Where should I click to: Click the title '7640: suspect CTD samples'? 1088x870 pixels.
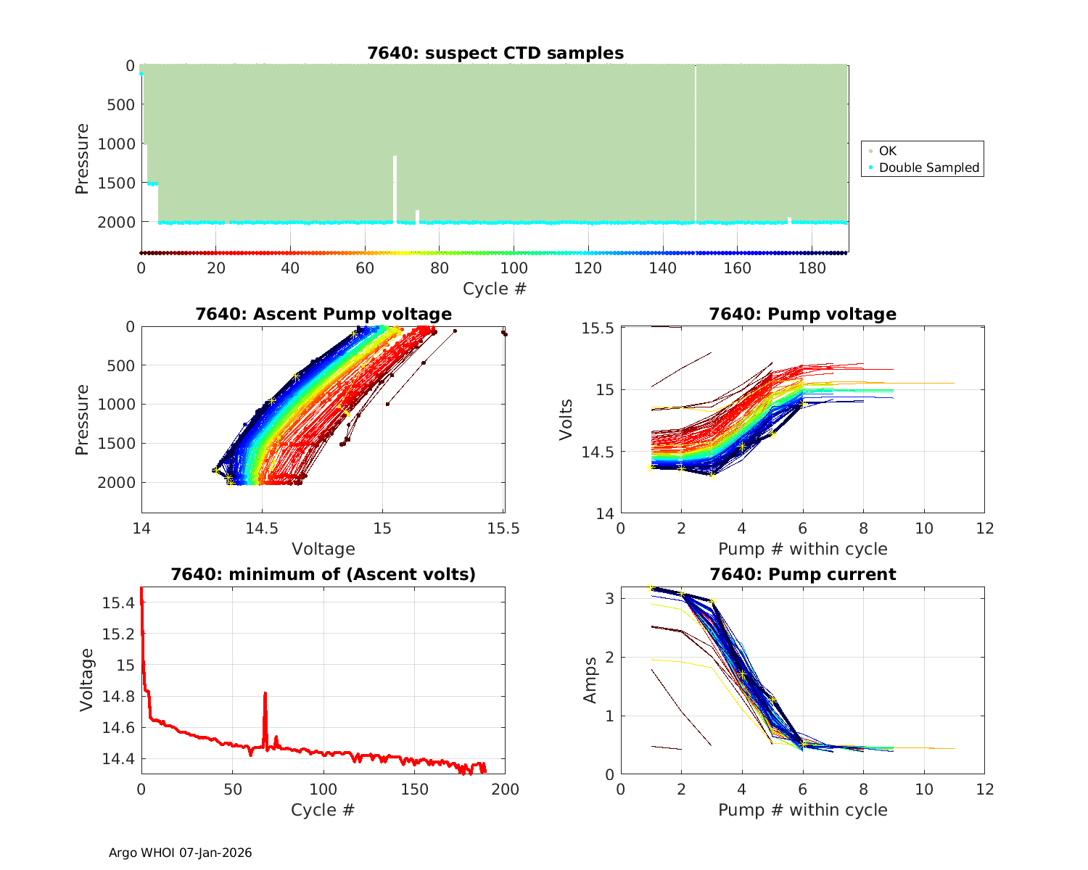click(x=495, y=53)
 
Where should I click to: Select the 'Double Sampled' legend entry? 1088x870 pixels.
click(x=928, y=167)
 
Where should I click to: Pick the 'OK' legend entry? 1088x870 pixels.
click(x=887, y=151)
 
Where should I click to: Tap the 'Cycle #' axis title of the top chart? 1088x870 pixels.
click(x=495, y=289)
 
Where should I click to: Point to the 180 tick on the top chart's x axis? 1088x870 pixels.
click(x=812, y=268)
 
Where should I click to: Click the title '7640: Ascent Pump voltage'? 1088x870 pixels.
click(x=323, y=314)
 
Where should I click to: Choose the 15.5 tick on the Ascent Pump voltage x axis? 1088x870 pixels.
click(x=503, y=528)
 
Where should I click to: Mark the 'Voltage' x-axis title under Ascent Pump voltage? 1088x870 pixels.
click(x=323, y=549)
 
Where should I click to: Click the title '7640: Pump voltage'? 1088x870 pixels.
click(x=802, y=314)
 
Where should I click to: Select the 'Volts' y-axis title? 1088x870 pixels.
click(x=566, y=420)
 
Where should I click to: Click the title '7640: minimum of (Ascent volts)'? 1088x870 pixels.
click(x=323, y=574)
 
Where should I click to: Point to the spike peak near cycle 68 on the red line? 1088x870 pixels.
click(x=265, y=693)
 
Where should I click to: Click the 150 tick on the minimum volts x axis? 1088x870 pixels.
click(x=414, y=789)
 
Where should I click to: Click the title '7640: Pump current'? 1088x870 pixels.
click(x=802, y=574)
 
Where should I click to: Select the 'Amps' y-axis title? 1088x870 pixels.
click(x=591, y=680)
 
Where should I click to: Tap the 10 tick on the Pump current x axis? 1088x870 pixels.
click(x=924, y=789)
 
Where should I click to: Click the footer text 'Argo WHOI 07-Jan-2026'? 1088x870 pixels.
click(x=181, y=853)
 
